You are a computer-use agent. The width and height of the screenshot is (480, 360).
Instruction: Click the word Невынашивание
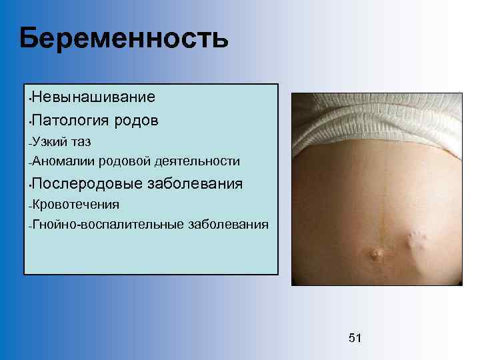point(93,97)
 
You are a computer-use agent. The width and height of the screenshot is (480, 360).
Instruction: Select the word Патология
point(67,121)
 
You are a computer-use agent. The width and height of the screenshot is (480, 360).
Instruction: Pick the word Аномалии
point(62,161)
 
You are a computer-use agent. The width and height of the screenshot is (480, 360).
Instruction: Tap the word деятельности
point(196,161)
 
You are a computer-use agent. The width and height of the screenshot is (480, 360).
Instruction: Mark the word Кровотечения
point(75,204)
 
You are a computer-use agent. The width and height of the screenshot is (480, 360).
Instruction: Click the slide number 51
point(355,338)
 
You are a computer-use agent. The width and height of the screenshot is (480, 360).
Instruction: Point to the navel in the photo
point(376,254)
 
